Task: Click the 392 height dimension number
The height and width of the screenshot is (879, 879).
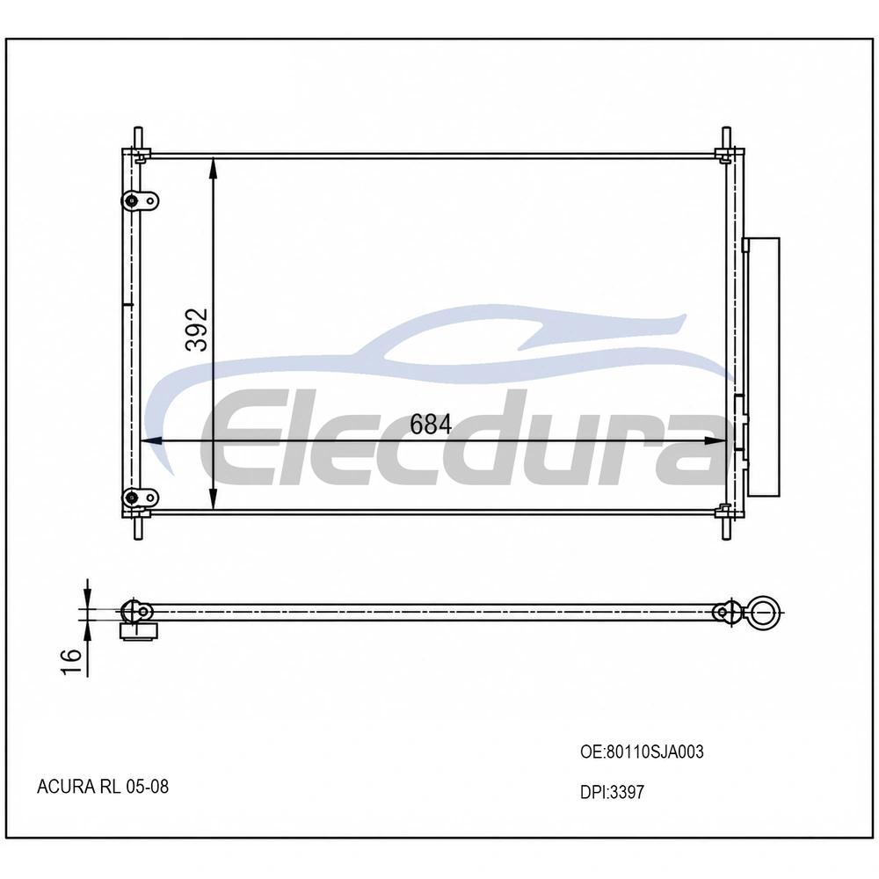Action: click(x=197, y=330)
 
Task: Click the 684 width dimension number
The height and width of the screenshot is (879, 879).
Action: click(x=431, y=425)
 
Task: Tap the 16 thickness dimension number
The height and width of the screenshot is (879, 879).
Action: click(x=72, y=662)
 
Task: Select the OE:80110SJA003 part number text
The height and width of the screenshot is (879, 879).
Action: click(x=642, y=752)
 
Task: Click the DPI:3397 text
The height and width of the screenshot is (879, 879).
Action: click(x=612, y=792)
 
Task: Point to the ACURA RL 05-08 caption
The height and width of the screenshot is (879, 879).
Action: click(x=103, y=787)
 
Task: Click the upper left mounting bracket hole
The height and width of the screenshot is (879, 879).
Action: click(x=133, y=200)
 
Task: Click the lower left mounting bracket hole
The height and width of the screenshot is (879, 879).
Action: click(x=133, y=497)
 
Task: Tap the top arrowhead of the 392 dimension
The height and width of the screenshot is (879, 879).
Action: click(x=213, y=168)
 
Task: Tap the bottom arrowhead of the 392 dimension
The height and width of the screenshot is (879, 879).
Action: click(x=213, y=500)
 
